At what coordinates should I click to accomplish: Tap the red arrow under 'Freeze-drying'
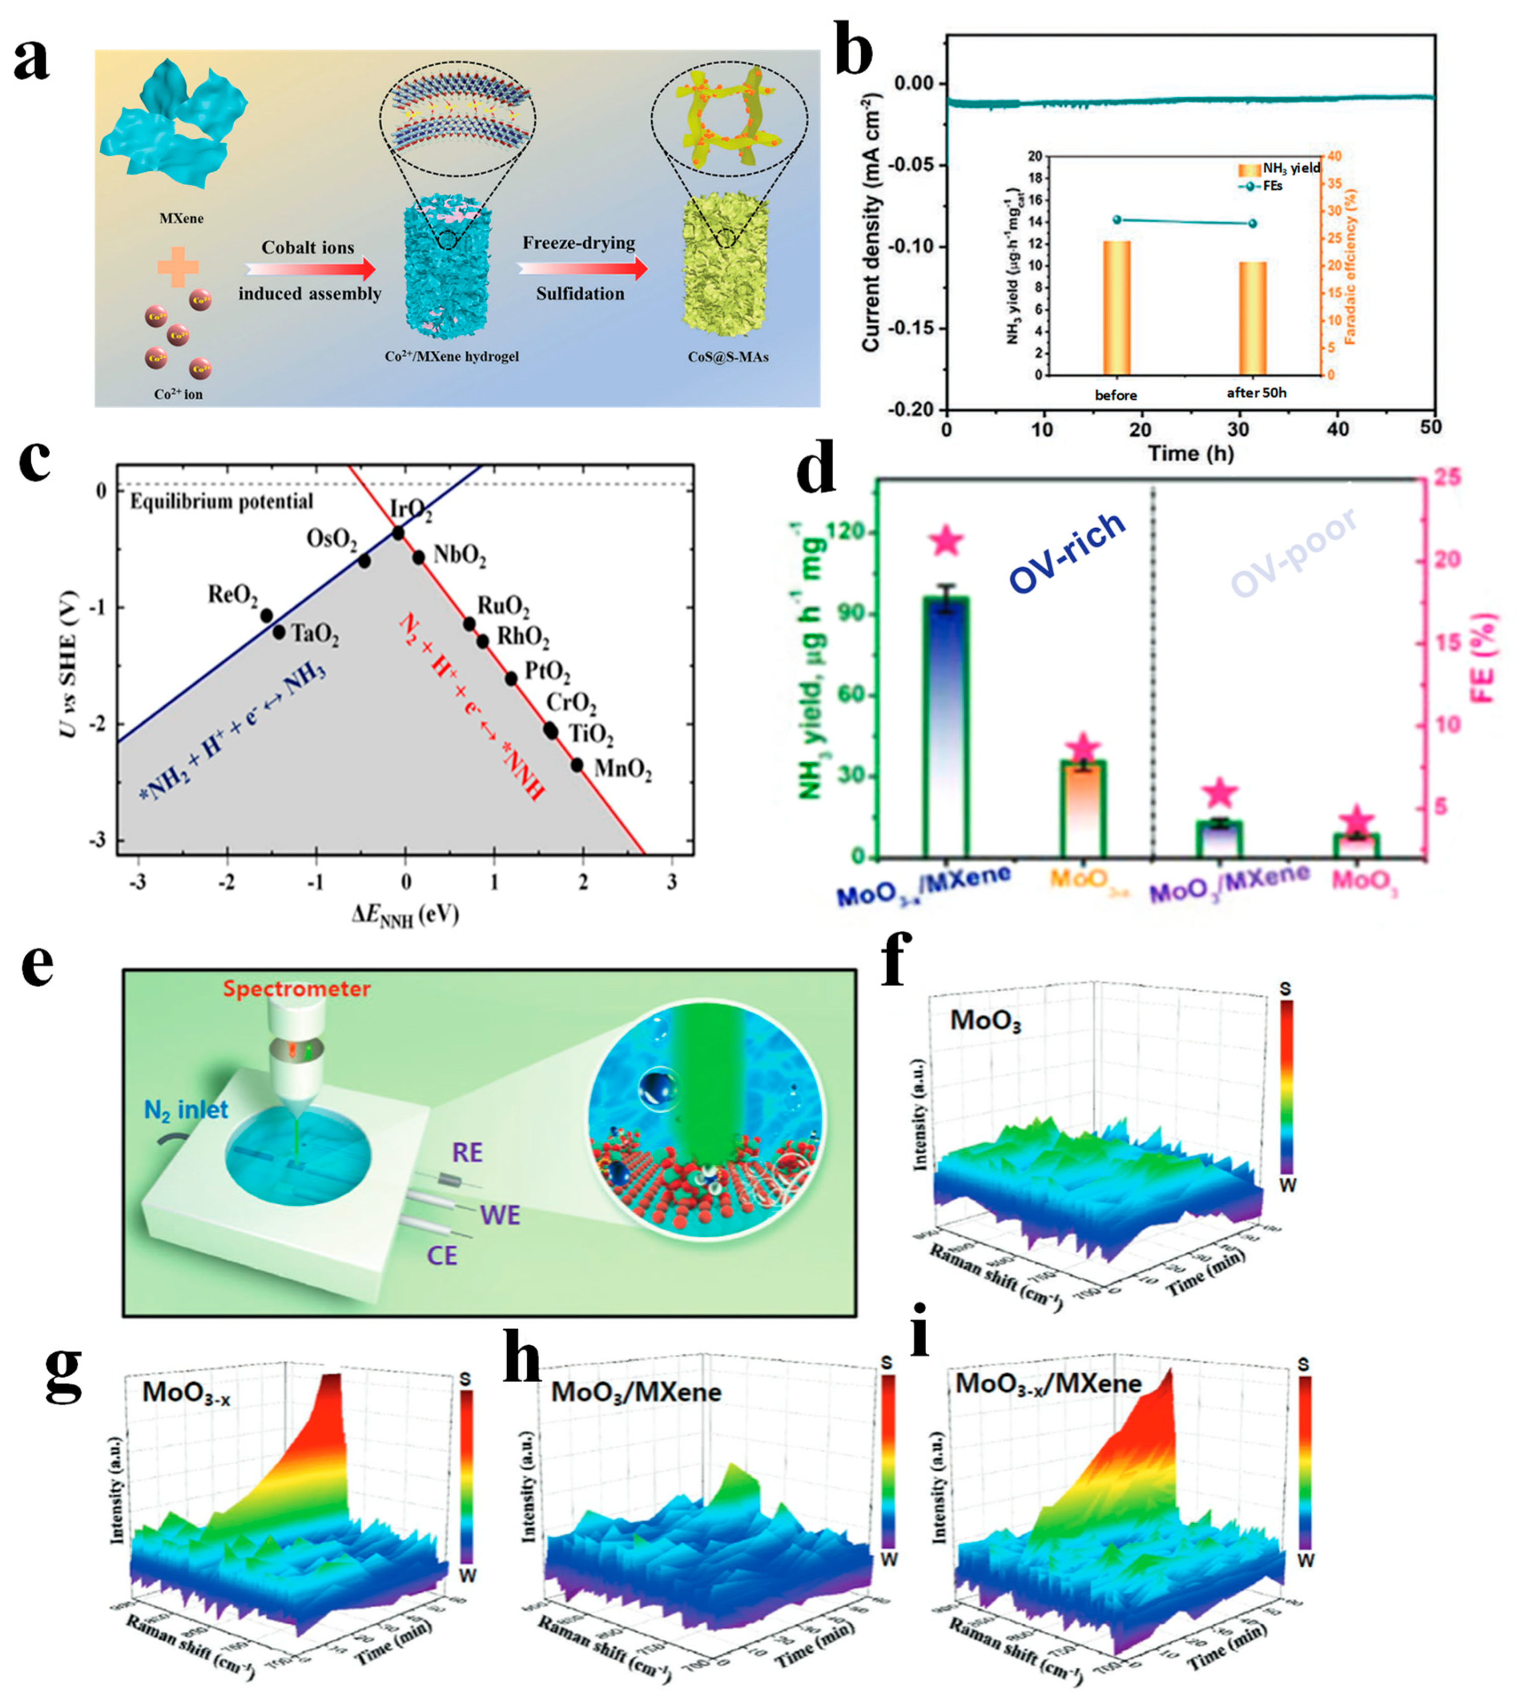coord(582,268)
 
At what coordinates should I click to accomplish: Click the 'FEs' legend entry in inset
coord(1267,186)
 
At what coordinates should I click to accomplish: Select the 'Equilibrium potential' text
coord(221,501)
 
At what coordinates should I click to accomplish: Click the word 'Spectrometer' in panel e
coord(296,988)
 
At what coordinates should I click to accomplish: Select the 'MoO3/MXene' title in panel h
coord(635,1392)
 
